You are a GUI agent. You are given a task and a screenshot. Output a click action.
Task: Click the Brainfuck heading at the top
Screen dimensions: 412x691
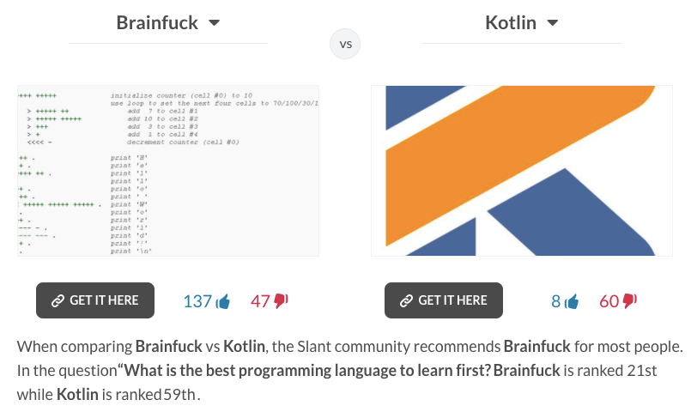(157, 22)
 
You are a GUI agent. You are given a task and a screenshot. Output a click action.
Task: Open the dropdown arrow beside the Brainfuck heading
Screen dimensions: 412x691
(214, 23)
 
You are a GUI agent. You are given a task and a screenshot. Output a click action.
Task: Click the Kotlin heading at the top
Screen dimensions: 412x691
(511, 22)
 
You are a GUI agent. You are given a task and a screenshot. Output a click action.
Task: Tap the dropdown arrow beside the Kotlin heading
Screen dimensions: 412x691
(552, 23)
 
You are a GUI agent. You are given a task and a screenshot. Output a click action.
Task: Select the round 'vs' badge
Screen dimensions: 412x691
(345, 44)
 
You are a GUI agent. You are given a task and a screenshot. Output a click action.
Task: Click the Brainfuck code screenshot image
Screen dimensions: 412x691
(168, 170)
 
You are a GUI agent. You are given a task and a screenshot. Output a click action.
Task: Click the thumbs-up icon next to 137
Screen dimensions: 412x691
(224, 301)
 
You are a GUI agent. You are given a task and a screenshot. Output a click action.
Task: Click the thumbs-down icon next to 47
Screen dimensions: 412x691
(282, 300)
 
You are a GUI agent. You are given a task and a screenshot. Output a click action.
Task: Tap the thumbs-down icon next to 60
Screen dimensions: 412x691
(630, 300)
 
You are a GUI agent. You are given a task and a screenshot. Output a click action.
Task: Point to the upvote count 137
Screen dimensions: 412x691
(197, 301)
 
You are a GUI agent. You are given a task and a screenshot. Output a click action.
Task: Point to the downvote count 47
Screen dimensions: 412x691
(260, 301)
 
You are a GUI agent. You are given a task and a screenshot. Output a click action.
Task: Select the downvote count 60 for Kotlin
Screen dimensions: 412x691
(609, 301)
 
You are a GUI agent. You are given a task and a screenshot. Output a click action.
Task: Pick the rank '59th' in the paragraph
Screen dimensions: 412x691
(179, 395)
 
